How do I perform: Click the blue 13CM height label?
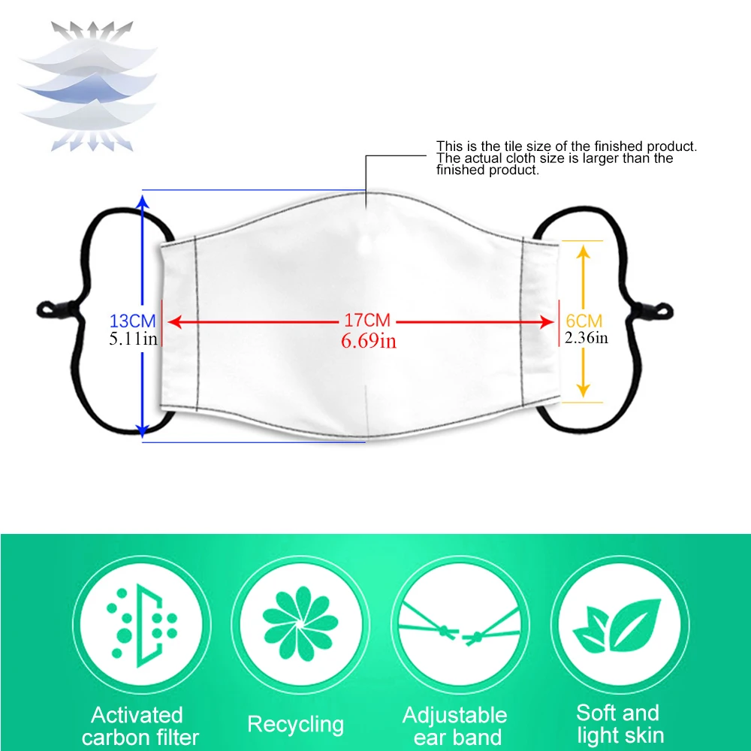tap(133, 321)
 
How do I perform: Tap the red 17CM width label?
tap(368, 321)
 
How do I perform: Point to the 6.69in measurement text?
tap(368, 341)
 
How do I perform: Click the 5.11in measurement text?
tap(133, 339)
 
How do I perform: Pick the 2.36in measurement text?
tap(587, 338)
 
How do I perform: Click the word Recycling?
tap(296, 725)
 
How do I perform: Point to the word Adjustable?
tap(454, 714)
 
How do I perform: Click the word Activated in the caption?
tap(137, 714)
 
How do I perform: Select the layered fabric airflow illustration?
tap(88, 84)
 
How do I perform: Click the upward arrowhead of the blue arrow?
tap(142, 201)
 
